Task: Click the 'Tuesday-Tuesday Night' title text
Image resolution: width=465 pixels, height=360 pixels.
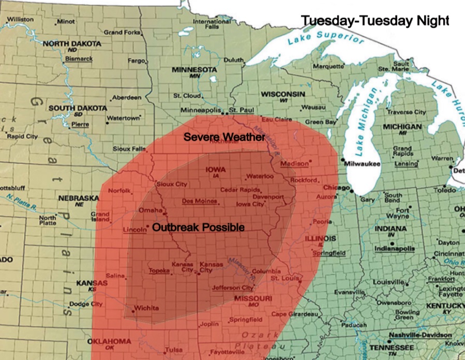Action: tap(375, 20)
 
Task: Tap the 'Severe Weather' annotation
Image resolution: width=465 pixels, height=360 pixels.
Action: tap(224, 138)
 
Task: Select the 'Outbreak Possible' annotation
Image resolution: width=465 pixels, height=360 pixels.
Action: tap(198, 227)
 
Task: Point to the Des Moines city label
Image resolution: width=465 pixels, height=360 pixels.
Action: tap(199, 201)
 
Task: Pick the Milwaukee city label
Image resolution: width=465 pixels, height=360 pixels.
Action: tap(364, 163)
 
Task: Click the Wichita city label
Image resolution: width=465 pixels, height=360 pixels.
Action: tap(146, 309)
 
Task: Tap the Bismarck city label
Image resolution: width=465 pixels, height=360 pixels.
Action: tap(79, 59)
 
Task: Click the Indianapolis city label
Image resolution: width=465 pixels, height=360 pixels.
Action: tap(395, 248)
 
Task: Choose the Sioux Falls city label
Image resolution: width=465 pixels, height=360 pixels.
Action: tap(129, 149)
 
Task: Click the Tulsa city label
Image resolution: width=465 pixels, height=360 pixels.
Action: tap(174, 350)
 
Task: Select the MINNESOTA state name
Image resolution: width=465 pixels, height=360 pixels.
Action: tap(194, 70)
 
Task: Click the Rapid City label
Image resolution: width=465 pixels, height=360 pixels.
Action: tap(22, 137)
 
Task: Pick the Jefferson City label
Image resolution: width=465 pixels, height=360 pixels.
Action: tap(233, 288)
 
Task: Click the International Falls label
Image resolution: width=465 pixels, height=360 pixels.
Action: tap(212, 24)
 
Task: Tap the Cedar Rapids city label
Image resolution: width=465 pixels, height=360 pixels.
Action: tap(236, 190)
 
